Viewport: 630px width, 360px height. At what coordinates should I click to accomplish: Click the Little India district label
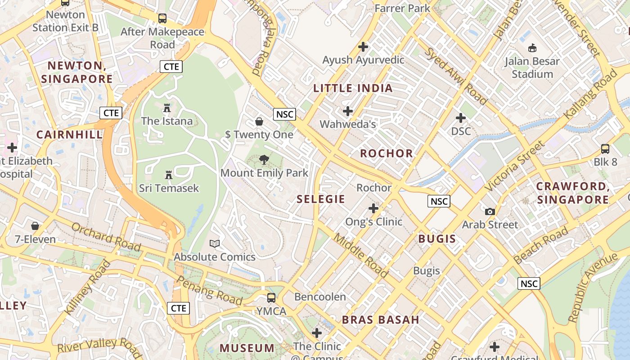353,88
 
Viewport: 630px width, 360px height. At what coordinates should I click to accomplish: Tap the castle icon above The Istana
167,108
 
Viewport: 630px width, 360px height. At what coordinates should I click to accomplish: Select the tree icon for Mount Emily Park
264,160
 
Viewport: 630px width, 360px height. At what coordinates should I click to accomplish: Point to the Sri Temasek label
169,188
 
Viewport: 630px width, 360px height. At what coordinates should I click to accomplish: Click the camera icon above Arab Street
490,211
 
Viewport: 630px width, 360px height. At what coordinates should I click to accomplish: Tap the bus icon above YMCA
271,298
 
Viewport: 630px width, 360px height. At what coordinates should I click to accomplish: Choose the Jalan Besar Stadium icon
532,48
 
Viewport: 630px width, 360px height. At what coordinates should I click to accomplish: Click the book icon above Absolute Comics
215,244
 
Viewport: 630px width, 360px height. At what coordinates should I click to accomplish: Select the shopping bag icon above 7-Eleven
35,226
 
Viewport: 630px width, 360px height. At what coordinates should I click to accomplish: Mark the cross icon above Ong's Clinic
373,208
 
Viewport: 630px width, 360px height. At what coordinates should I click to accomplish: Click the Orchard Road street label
106,236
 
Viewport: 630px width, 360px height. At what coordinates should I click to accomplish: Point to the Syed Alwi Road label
456,76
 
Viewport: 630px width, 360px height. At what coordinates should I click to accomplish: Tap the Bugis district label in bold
437,239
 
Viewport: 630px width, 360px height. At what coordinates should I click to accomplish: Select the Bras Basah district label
381,320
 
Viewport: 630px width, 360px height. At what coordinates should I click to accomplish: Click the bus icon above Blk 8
605,149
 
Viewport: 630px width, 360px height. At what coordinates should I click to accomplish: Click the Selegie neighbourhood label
321,199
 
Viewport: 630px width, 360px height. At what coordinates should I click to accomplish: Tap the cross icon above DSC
461,118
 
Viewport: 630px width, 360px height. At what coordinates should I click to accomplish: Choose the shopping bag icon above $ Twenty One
259,121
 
